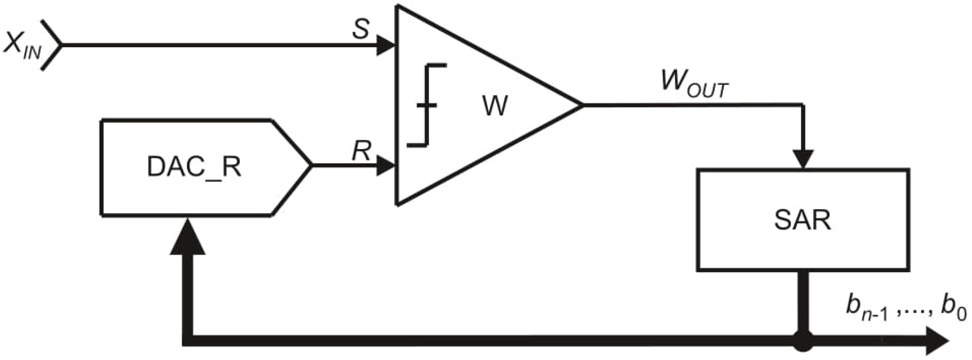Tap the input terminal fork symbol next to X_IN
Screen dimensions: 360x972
pyautogui.click(x=53, y=45)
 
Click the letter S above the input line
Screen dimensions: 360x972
pyautogui.click(x=360, y=30)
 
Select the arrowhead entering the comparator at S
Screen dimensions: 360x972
pyautogui.click(x=385, y=46)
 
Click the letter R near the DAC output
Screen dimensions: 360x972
pyautogui.click(x=361, y=151)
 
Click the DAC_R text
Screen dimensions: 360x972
pyautogui.click(x=194, y=167)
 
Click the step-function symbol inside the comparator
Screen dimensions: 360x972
pyautogui.click(x=427, y=105)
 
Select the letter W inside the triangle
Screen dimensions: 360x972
pyautogui.click(x=495, y=106)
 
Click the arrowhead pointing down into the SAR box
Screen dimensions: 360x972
pyautogui.click(x=803, y=159)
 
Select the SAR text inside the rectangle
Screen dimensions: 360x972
pyautogui.click(x=803, y=220)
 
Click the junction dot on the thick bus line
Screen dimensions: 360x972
pyautogui.click(x=803, y=341)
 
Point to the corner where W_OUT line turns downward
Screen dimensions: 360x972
pyautogui.click(x=803, y=105)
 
